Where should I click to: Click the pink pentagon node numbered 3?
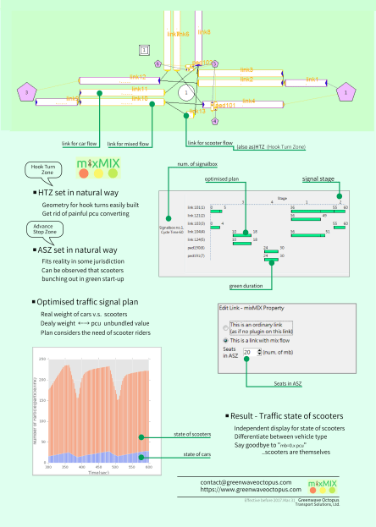[x=28, y=91]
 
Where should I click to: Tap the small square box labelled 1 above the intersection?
[x=145, y=50]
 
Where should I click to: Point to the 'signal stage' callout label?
[x=321, y=179]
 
